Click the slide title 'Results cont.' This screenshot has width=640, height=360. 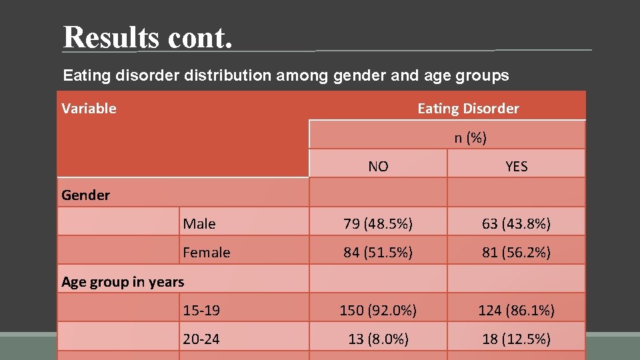coord(148,37)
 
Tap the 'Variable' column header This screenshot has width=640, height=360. coord(89,109)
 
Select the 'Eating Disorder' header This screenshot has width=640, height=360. coord(468,109)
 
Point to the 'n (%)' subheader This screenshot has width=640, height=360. coord(471,138)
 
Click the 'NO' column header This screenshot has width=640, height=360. coord(378,167)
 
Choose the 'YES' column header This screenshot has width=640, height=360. coord(517,167)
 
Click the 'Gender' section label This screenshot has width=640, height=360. coord(85,195)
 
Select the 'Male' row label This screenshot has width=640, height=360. coord(199,224)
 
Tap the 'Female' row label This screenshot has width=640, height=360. coord(207,253)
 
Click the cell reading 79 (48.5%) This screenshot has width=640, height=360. coord(378,224)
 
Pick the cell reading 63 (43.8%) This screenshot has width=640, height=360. coord(517,224)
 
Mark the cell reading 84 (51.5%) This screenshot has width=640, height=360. coord(378,253)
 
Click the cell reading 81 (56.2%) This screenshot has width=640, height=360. coord(517,253)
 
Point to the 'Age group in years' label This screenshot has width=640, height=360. coord(123,282)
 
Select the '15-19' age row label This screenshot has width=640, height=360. coord(201,311)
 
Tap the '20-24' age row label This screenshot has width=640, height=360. coord(201,339)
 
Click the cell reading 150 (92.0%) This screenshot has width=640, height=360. coord(378,311)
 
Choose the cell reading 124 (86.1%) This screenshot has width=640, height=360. coord(517,311)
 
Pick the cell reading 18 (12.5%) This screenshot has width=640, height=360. coord(517,339)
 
